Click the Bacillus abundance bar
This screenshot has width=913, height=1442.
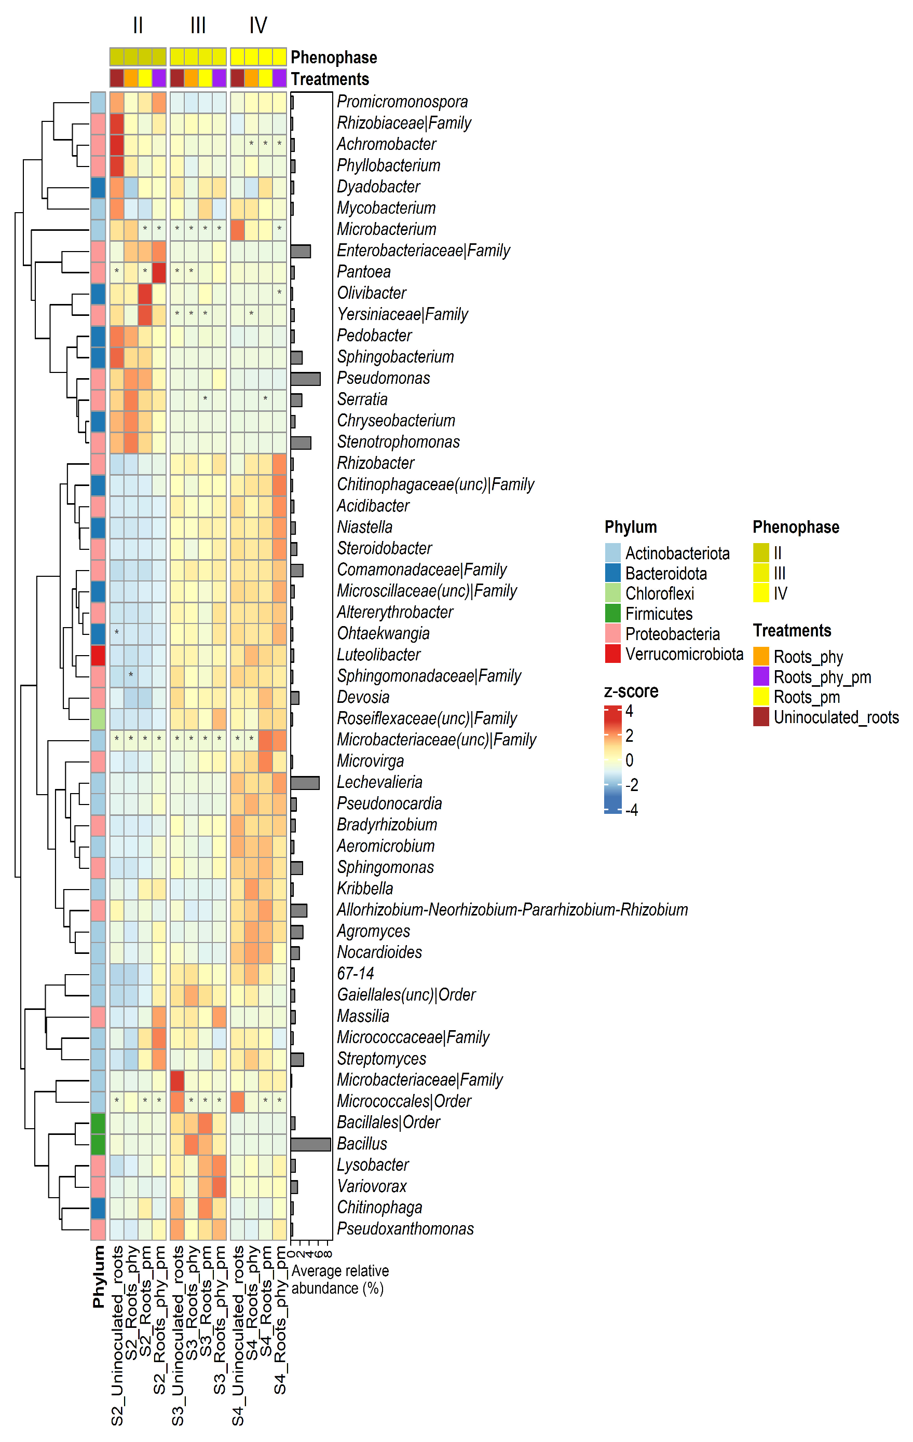(x=310, y=1144)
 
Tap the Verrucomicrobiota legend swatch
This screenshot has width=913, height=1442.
(x=612, y=654)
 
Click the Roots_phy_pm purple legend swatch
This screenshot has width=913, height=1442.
(x=761, y=677)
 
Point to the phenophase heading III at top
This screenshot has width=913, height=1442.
(x=198, y=25)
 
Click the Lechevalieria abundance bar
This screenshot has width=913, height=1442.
(x=305, y=782)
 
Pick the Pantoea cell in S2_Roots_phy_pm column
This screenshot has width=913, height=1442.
(x=159, y=272)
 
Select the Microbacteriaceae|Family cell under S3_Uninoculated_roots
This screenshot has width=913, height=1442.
(x=178, y=1080)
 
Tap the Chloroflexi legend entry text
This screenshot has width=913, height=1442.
(x=660, y=593)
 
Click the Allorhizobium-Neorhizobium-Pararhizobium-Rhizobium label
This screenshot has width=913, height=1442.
(x=512, y=910)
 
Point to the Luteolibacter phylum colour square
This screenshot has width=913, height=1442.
(x=98, y=655)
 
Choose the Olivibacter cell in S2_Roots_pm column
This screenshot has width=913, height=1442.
(x=145, y=294)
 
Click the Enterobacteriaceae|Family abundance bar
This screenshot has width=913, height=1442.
(x=301, y=251)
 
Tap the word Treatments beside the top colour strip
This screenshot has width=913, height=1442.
(x=330, y=79)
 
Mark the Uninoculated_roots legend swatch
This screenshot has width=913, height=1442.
(x=761, y=717)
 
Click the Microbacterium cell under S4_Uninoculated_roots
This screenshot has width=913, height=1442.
(x=237, y=229)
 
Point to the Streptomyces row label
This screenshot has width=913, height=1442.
(x=381, y=1059)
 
